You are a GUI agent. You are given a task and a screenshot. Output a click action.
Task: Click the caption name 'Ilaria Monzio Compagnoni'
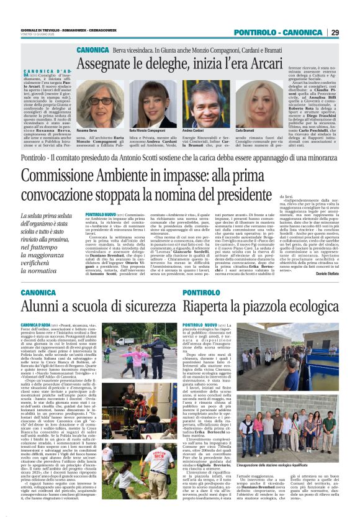(x=145, y=130)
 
